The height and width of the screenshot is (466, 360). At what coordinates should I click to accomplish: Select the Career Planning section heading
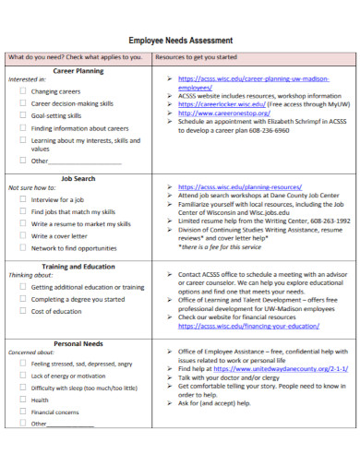click(78, 70)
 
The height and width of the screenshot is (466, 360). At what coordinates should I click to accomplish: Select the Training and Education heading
click(78, 265)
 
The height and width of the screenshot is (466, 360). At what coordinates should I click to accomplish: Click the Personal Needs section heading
click(78, 342)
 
